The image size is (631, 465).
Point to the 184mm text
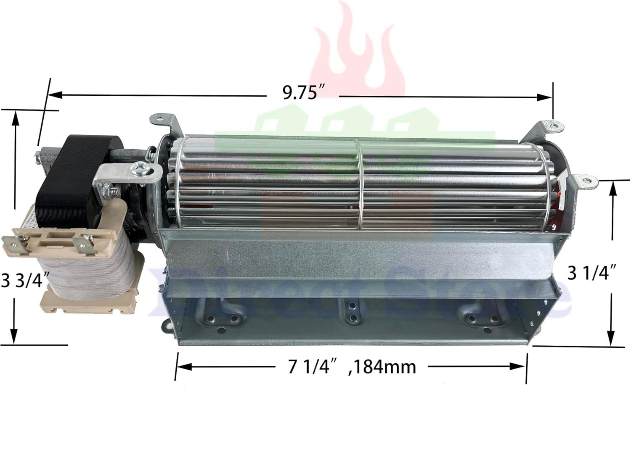pos(383,367)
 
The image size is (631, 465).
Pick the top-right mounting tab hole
pos(552,125)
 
